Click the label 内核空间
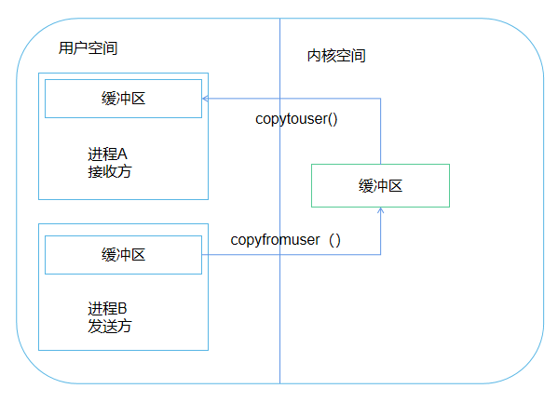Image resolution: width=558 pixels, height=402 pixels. click(336, 56)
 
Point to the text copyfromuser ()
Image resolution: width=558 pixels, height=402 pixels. click(286, 240)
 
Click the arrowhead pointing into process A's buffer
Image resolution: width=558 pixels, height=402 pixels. click(206, 98)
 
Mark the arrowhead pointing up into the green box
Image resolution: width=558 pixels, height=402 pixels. click(380, 211)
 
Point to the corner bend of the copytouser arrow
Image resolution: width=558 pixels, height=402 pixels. click(380, 98)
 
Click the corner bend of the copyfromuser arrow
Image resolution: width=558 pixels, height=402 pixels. click(380, 254)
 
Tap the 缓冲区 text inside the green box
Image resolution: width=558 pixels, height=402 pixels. click(379, 185)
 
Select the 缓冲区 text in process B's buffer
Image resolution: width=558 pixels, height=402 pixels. click(123, 254)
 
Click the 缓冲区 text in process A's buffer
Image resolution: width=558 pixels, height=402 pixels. click(123, 98)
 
